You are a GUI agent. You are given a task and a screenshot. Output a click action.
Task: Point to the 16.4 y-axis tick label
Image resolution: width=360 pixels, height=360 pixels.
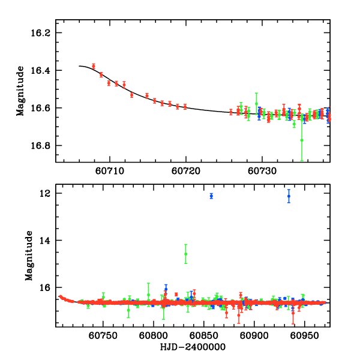click(x=41, y=71)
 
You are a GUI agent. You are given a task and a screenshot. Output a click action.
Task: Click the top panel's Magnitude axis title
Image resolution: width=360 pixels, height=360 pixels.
click(x=20, y=90)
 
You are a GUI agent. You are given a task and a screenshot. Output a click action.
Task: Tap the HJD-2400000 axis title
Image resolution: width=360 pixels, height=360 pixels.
click(x=192, y=347)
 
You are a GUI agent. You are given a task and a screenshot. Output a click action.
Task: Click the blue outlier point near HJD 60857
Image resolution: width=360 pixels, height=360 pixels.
click(x=211, y=196)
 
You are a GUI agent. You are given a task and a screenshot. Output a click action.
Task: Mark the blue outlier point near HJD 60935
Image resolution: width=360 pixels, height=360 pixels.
click(x=289, y=196)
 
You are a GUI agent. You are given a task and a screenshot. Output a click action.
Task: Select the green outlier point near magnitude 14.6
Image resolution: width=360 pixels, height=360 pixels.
click(x=186, y=254)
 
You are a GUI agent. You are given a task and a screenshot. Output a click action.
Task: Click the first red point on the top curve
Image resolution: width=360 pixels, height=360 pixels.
click(x=94, y=66)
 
